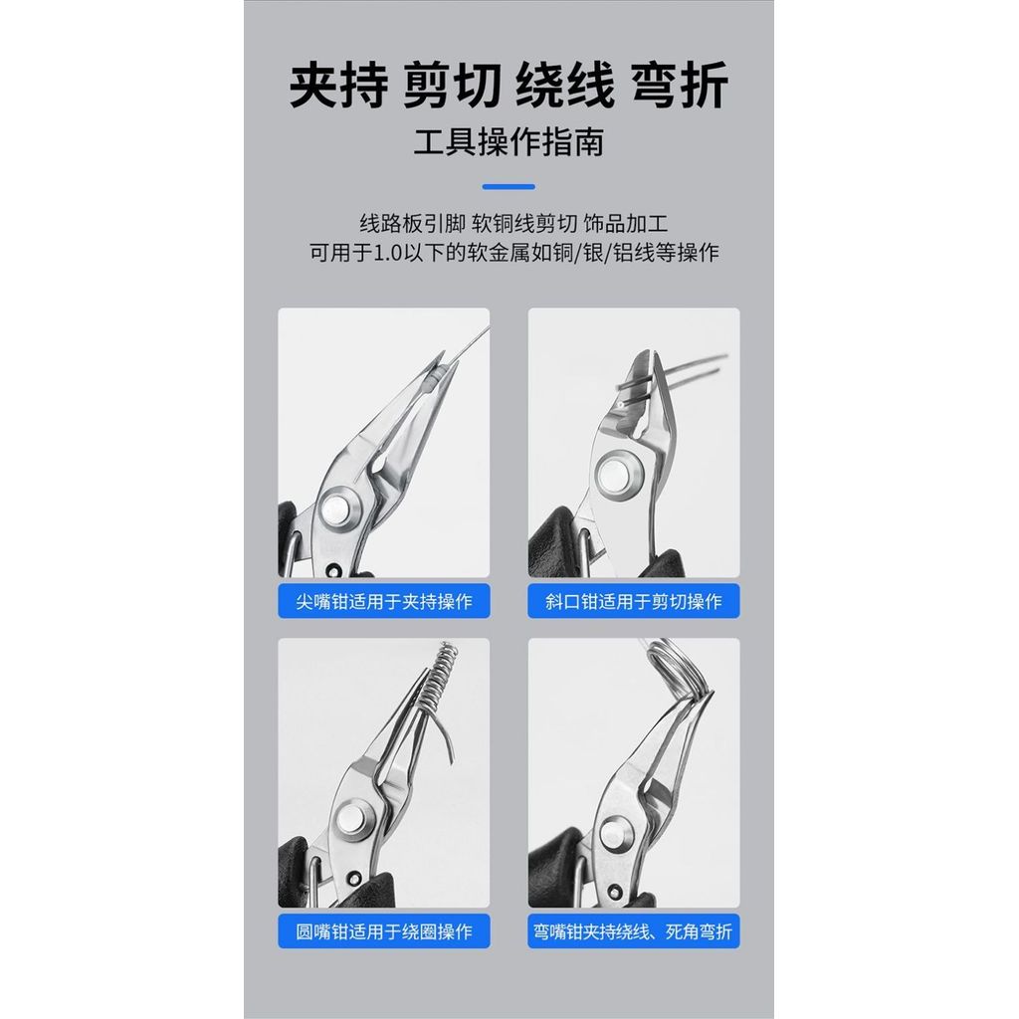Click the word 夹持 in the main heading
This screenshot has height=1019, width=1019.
[x=338, y=85]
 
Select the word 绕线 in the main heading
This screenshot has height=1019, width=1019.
[x=565, y=85]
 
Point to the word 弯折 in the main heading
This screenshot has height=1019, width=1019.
[x=679, y=85]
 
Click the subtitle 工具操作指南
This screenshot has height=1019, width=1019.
[x=509, y=142]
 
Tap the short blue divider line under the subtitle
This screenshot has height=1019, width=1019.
[x=509, y=186]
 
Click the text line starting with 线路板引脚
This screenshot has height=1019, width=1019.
[x=513, y=224]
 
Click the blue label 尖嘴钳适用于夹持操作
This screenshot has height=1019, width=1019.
[x=384, y=601]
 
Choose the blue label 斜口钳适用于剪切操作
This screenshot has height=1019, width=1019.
[x=634, y=601]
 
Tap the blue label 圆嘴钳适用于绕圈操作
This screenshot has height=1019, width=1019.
[x=384, y=931]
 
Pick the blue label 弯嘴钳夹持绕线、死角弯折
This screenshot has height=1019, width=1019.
[x=634, y=931]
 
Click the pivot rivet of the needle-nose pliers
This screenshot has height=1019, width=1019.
[x=338, y=509]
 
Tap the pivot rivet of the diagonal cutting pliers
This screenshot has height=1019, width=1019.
[x=615, y=473]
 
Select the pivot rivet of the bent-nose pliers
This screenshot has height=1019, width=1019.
[x=614, y=835]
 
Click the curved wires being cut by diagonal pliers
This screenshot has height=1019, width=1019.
[x=676, y=374]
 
